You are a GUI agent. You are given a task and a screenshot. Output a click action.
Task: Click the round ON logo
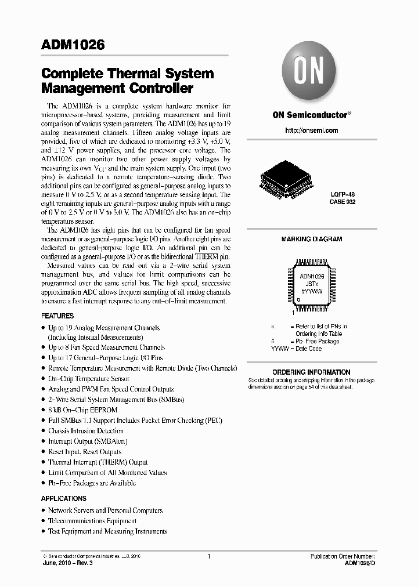(x=311, y=73)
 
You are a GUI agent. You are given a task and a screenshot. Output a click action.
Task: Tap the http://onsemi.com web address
(x=311, y=131)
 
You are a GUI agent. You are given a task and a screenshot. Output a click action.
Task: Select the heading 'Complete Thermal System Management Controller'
(x=127, y=81)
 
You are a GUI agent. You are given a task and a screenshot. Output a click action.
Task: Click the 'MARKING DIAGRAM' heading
(x=311, y=239)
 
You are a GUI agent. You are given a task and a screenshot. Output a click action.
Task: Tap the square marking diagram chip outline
(x=312, y=284)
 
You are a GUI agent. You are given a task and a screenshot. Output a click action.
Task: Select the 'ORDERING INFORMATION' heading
(x=311, y=372)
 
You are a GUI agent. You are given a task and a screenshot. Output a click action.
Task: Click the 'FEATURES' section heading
(x=57, y=316)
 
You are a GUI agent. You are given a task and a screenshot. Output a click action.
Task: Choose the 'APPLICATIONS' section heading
(x=64, y=498)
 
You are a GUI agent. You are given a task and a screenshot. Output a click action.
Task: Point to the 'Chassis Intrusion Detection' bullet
(x=85, y=431)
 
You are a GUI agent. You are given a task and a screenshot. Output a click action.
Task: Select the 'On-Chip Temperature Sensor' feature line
(x=88, y=378)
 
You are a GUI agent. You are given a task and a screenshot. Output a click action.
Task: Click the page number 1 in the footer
(x=208, y=556)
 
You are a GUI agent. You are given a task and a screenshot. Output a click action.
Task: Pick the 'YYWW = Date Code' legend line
(x=296, y=349)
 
